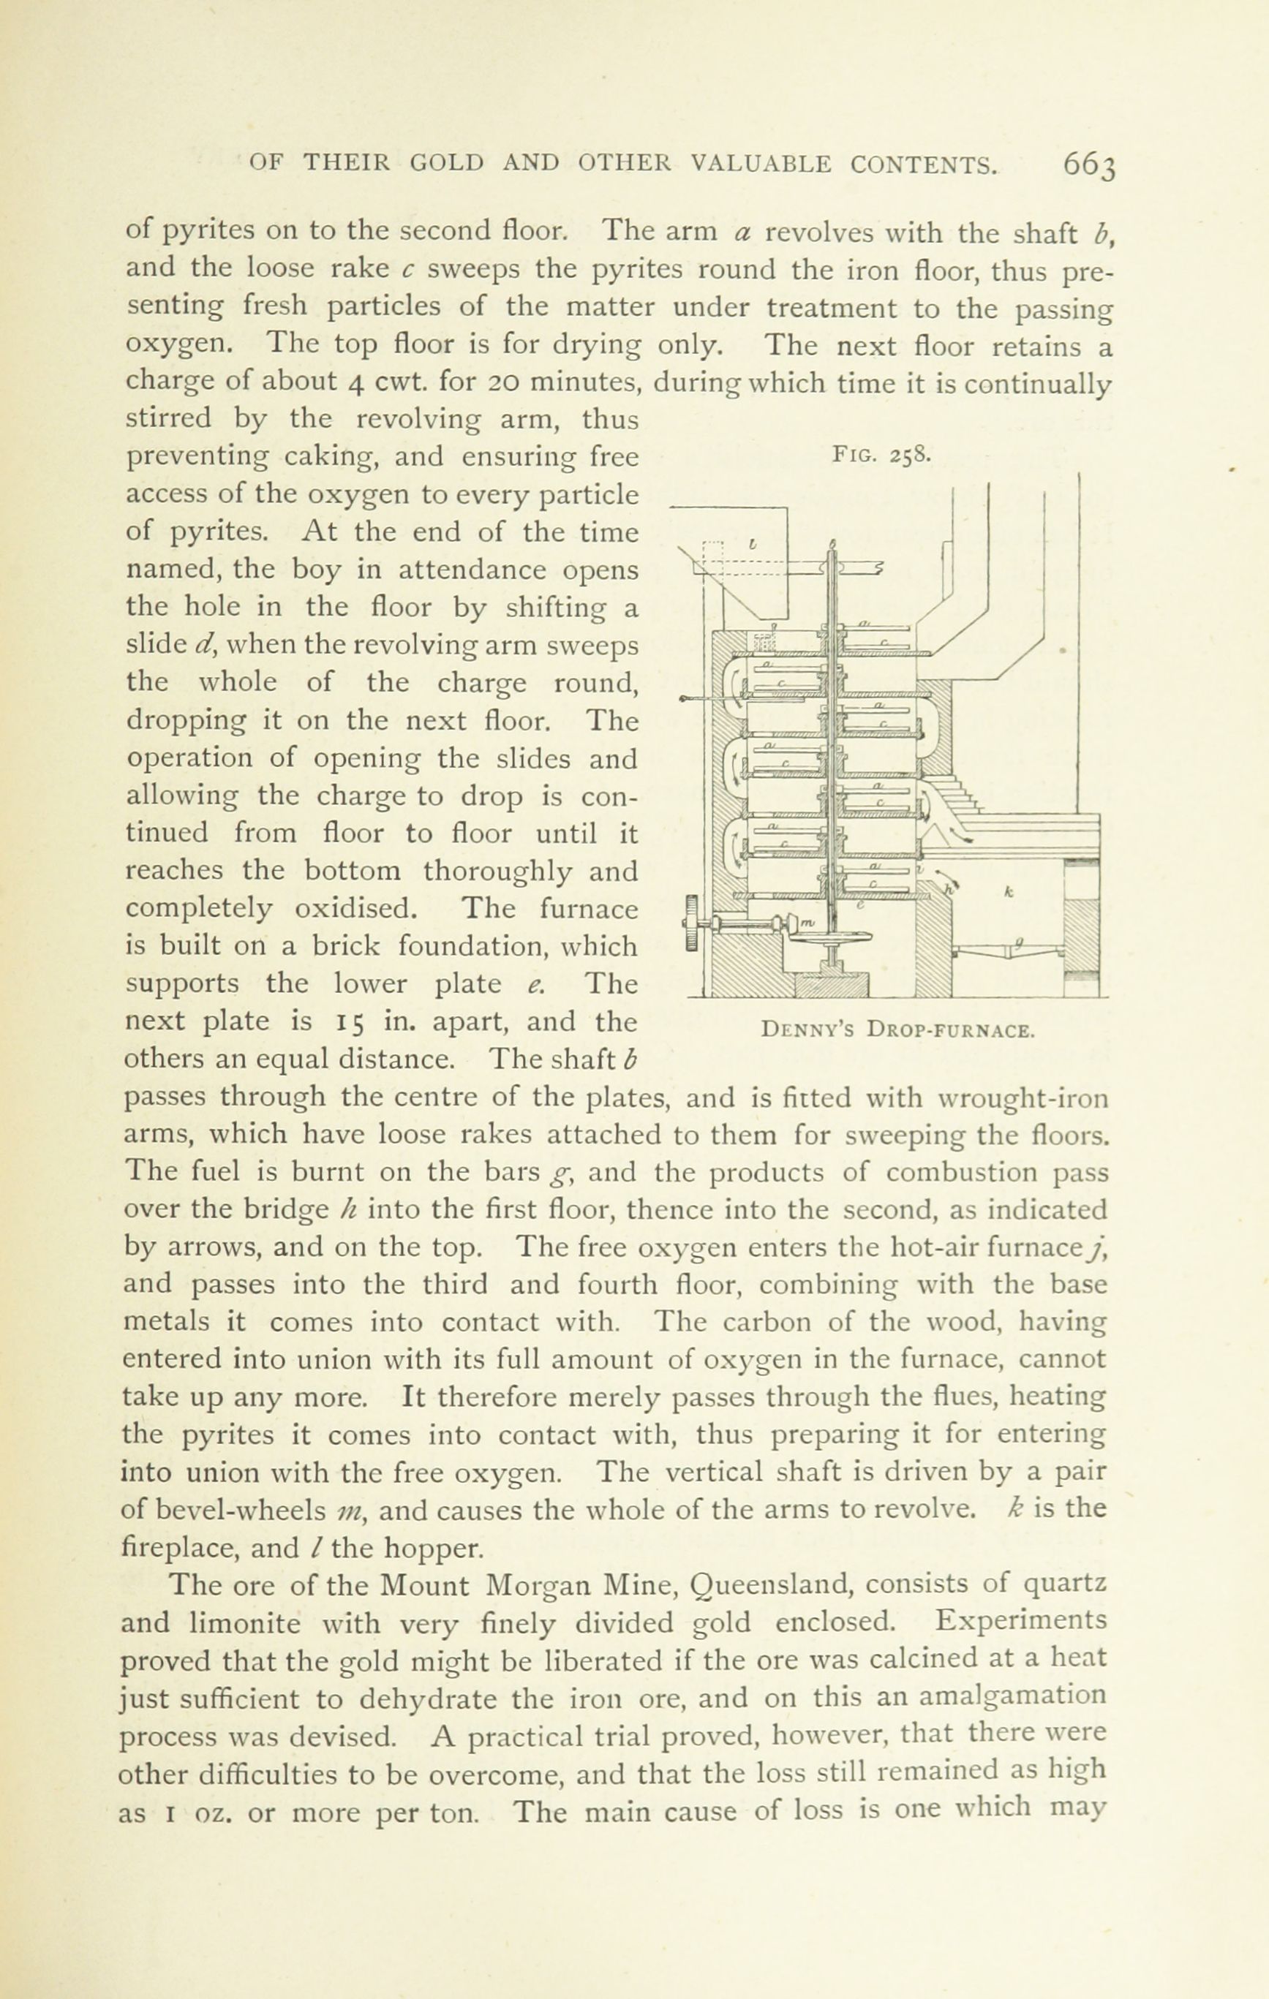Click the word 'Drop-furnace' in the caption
click(951, 1032)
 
